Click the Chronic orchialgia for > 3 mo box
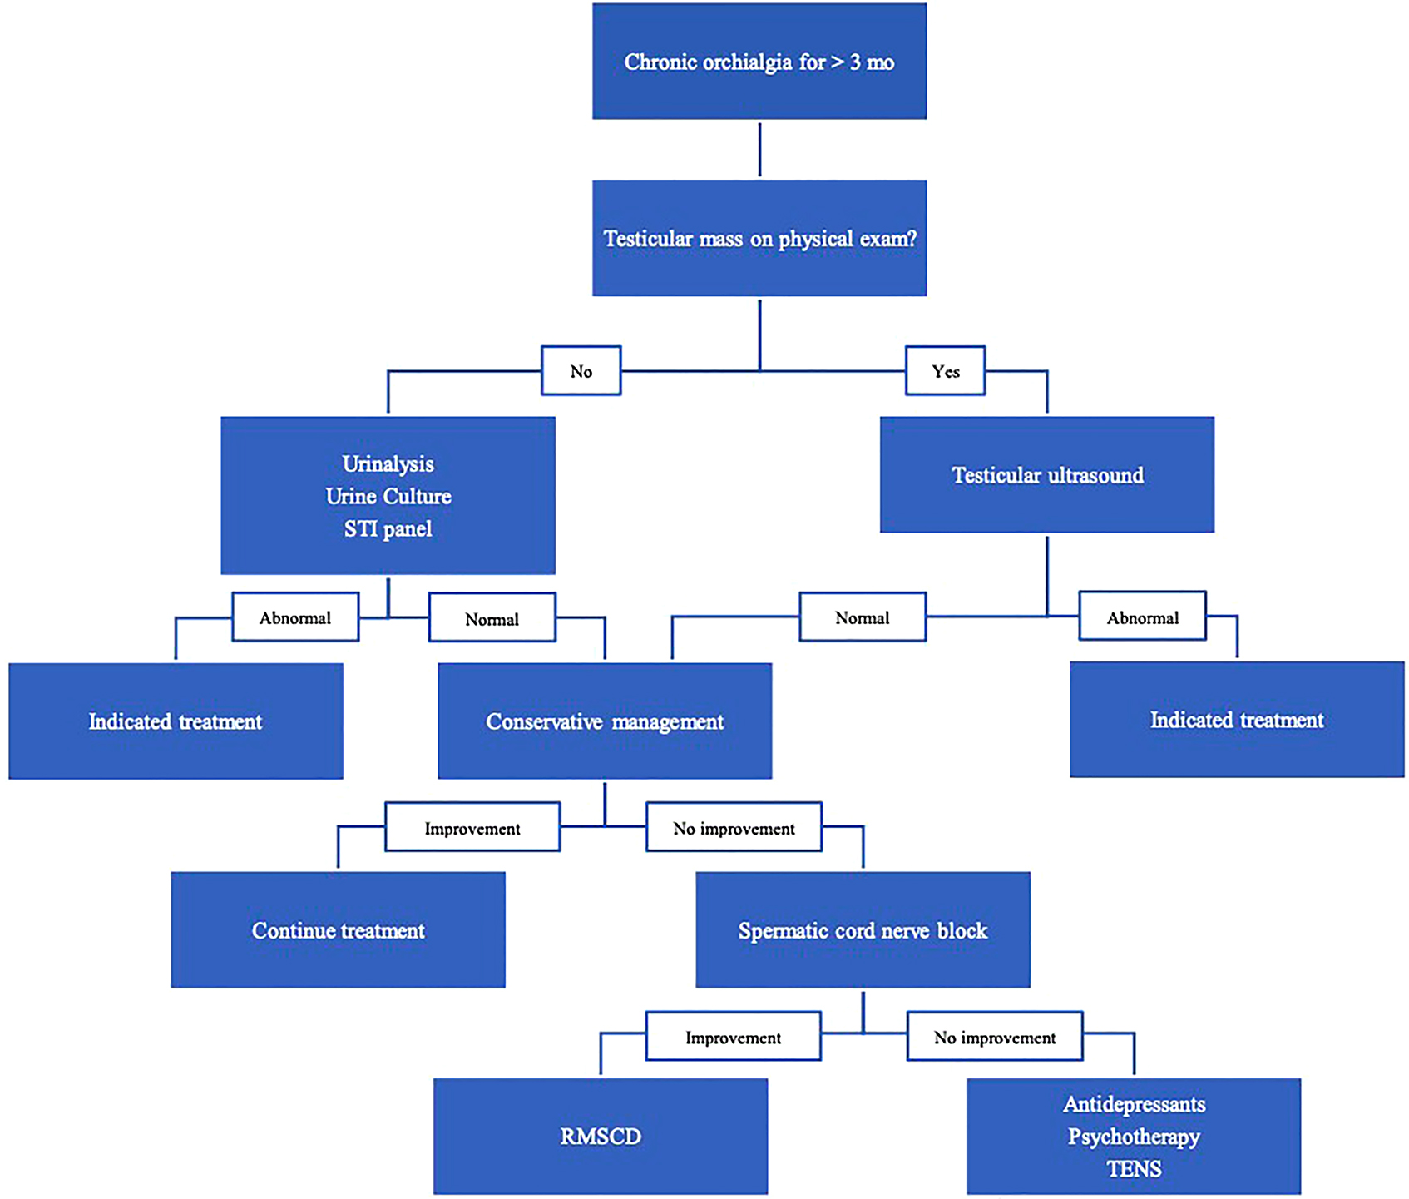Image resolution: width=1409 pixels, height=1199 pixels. click(759, 62)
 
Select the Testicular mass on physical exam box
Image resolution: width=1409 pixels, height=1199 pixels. click(759, 238)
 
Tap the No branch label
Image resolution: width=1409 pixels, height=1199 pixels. click(581, 371)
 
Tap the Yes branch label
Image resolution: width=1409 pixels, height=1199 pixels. click(945, 371)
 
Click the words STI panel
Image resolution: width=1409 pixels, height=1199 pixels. click(388, 529)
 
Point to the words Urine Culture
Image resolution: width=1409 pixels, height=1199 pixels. click(388, 497)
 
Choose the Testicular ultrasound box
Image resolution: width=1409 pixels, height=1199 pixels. click(1046, 475)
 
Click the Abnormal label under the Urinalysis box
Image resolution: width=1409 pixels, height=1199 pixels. click(295, 617)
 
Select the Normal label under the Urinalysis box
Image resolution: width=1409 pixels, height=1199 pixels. click(492, 618)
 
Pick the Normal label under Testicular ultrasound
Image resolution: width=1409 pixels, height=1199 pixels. click(862, 617)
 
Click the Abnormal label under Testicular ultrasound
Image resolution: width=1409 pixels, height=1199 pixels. click(1142, 617)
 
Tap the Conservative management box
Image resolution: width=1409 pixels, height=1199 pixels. click(605, 721)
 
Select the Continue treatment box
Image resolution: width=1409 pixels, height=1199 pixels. click(338, 930)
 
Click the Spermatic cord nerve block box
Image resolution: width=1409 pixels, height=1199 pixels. click(863, 930)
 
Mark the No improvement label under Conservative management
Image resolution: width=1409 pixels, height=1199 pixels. click(734, 828)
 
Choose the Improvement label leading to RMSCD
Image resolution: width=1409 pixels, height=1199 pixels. click(733, 1037)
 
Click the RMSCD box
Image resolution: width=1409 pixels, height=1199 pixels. click(600, 1137)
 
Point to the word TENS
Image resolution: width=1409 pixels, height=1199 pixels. click(1134, 1169)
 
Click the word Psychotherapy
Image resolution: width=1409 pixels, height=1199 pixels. click(1134, 1137)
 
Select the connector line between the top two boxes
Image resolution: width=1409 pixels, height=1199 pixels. click(759, 150)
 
